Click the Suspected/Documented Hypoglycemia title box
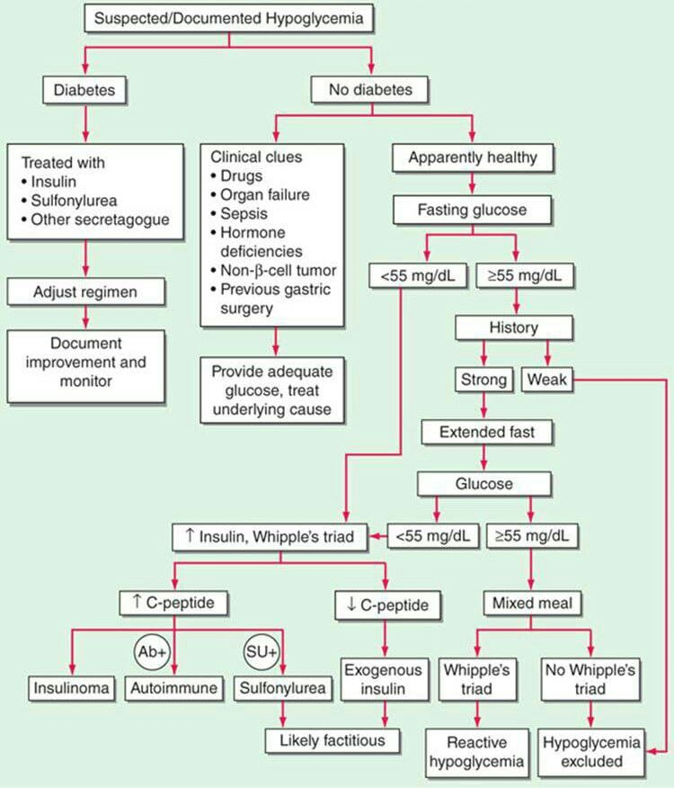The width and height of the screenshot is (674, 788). [229, 17]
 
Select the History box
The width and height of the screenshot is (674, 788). [513, 328]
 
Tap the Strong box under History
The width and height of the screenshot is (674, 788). [483, 380]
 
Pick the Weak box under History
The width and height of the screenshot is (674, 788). [547, 380]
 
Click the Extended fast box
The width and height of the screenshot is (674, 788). [486, 432]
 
